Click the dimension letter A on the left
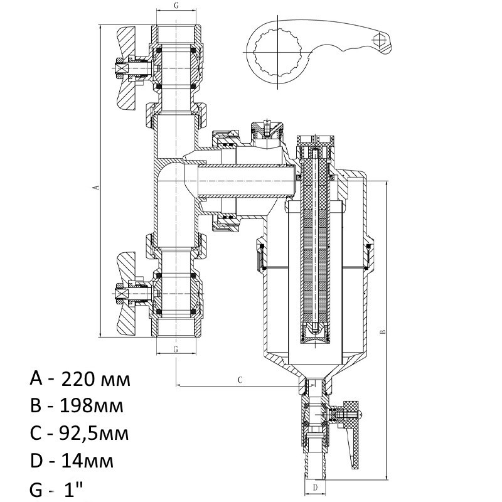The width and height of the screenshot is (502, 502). (x=95, y=187)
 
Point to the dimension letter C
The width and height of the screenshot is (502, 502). (x=240, y=380)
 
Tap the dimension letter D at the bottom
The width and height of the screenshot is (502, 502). (x=316, y=486)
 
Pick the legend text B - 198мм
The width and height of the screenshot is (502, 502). (x=76, y=406)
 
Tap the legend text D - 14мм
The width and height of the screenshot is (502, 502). (x=72, y=461)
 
